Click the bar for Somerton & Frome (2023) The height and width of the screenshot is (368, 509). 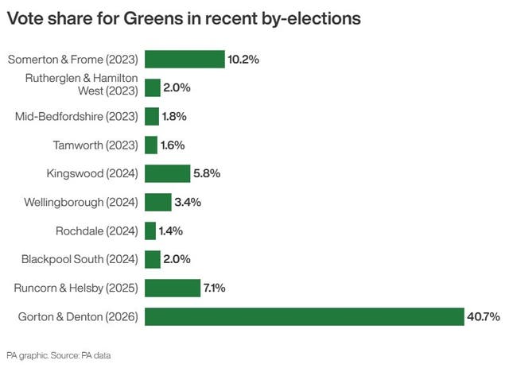click(x=185, y=59)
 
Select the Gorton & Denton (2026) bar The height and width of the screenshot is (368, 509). click(x=304, y=317)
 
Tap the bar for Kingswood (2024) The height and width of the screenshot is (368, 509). click(x=167, y=173)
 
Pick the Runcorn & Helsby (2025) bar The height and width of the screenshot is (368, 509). click(x=172, y=289)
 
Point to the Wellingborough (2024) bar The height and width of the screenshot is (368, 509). click(x=157, y=202)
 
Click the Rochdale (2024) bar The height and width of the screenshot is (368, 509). click(x=150, y=230)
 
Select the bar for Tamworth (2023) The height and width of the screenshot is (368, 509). click(x=151, y=145)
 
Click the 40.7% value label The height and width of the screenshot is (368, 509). click(x=483, y=317)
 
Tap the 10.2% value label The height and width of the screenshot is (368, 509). click(x=244, y=59)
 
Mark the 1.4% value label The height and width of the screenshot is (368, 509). click(x=171, y=230)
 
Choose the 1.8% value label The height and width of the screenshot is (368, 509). click(x=173, y=116)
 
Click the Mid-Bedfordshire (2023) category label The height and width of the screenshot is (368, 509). click(x=76, y=116)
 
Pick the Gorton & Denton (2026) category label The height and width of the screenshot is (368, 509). click(x=78, y=317)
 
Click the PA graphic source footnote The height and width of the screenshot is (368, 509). click(x=58, y=355)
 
